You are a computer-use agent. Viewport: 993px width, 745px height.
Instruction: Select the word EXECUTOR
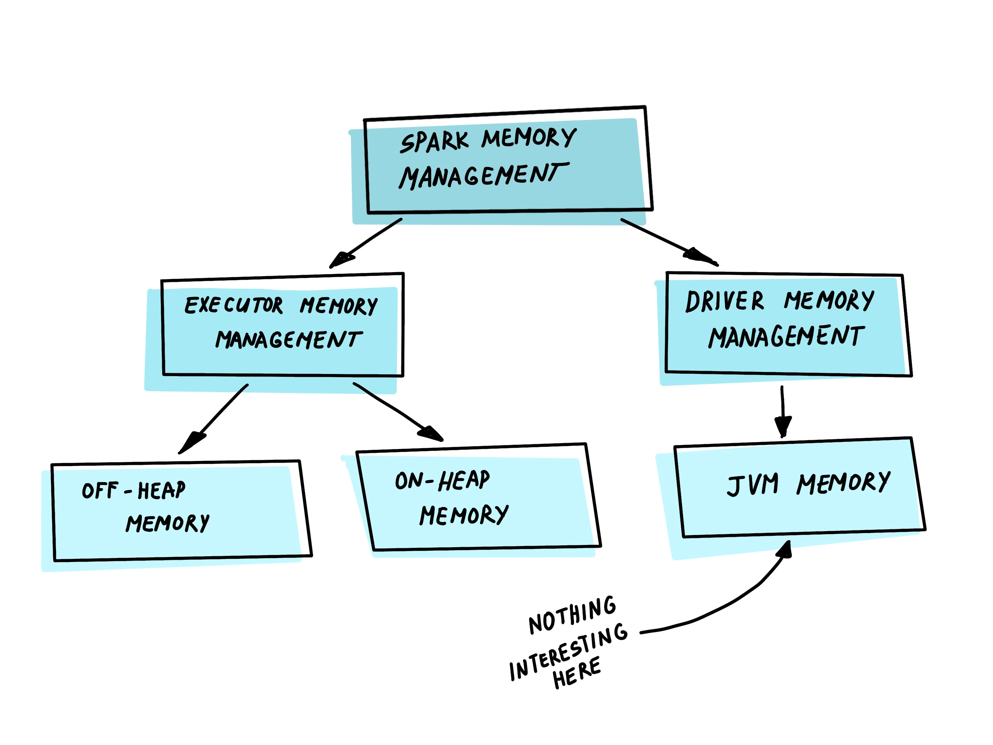click(x=233, y=305)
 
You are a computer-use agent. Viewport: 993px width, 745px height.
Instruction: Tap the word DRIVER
click(x=724, y=301)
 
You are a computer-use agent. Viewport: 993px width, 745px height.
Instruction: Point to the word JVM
click(x=752, y=485)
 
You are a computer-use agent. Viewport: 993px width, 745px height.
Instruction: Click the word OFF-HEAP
click(x=133, y=490)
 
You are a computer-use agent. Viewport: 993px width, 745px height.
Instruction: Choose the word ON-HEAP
click(x=442, y=480)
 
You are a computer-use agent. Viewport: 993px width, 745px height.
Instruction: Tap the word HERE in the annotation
click(x=576, y=673)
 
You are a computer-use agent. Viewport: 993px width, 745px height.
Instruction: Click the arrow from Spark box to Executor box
click(x=365, y=243)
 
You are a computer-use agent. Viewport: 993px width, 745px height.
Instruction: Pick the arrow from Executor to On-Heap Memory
click(x=397, y=411)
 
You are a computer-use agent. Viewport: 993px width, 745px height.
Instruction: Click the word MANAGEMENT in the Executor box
click(x=289, y=339)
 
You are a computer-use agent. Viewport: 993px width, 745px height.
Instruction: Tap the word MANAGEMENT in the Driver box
click(x=786, y=336)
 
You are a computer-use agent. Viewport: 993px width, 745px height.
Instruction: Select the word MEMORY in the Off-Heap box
click(x=168, y=523)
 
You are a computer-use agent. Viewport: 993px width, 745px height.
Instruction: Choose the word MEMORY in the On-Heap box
click(x=464, y=514)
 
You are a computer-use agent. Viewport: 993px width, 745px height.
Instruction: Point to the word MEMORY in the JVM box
click(x=843, y=483)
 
